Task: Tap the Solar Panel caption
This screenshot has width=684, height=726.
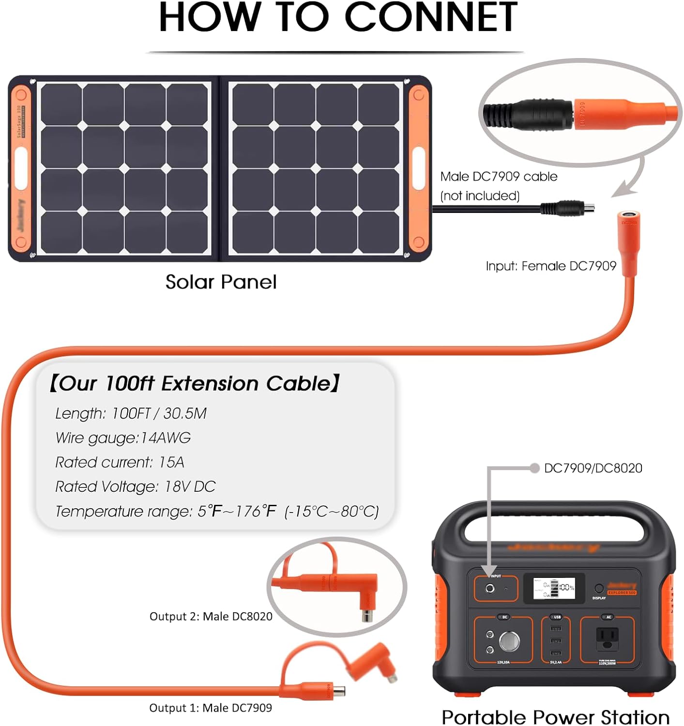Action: point(221,282)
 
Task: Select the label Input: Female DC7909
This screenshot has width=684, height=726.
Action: point(550,266)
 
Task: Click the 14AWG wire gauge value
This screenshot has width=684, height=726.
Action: point(165,438)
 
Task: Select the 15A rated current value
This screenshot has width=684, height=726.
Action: point(171,462)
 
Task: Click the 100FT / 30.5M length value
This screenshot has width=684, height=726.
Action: point(159,413)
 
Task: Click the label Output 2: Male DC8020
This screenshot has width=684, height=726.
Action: point(211,616)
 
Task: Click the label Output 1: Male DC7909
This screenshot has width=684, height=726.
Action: point(210,708)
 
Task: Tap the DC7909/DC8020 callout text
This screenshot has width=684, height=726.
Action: point(593,468)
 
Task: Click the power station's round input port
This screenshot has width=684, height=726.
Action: point(490,589)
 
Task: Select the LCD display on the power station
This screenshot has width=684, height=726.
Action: point(554,589)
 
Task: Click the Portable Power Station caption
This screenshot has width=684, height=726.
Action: point(555,717)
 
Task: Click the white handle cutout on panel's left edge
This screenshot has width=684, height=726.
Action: point(21,168)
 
